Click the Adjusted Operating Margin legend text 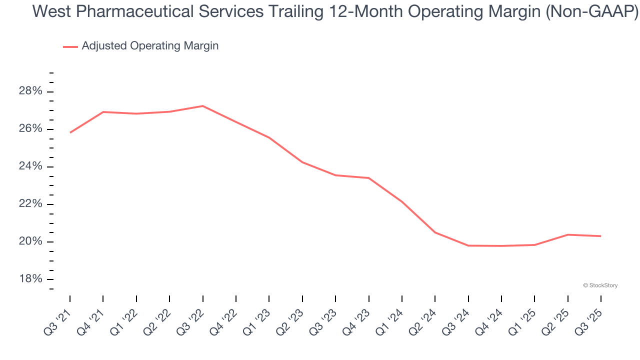[x=150, y=46]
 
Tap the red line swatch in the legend [x=70, y=46]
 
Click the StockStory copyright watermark [x=600, y=285]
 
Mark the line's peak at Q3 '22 [x=202, y=106]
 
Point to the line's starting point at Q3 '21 [x=70, y=132]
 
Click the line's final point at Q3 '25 [x=600, y=236]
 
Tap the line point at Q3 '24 [x=468, y=245]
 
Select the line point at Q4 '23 [x=368, y=178]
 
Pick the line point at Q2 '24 [x=435, y=232]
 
